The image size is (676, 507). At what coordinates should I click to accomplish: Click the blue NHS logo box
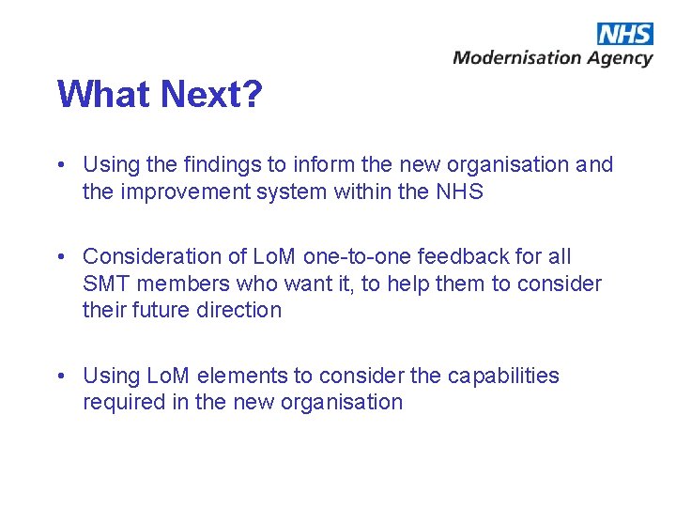coord(624,34)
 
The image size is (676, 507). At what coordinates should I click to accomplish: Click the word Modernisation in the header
coord(517,58)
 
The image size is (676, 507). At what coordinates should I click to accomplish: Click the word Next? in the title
coord(211,95)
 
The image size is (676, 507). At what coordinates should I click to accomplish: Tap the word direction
coord(238,310)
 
